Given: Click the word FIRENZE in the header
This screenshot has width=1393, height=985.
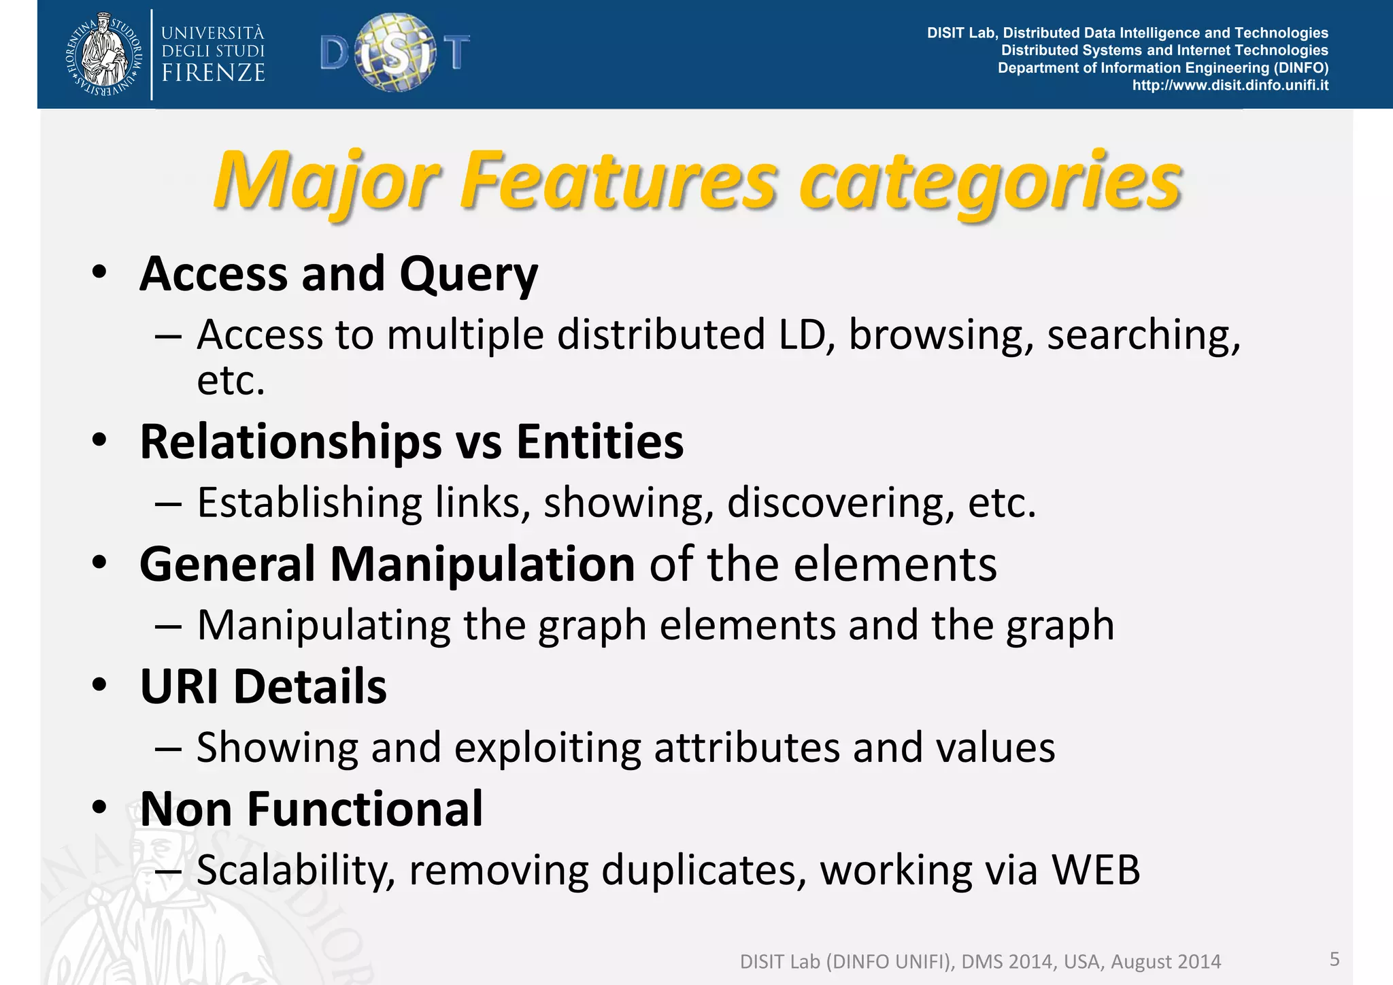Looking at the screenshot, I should tap(213, 73).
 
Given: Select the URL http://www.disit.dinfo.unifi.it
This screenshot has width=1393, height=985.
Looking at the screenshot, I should tap(1230, 85).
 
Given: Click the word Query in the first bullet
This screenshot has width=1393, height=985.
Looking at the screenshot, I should tap(469, 274).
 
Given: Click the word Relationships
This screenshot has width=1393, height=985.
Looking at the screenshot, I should tap(290, 441).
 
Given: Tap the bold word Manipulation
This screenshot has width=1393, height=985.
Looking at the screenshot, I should tap(482, 565).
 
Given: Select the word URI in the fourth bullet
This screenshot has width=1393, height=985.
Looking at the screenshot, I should tap(179, 686).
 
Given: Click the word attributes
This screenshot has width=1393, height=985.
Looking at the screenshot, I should tap(747, 748).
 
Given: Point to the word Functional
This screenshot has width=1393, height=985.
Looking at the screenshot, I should tap(365, 809).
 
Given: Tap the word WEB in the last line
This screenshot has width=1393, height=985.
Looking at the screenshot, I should tap(1096, 869).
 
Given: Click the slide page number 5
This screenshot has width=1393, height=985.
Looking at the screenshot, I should tap(1335, 959).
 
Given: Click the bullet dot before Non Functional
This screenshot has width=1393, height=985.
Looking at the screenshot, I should tap(100, 807).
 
